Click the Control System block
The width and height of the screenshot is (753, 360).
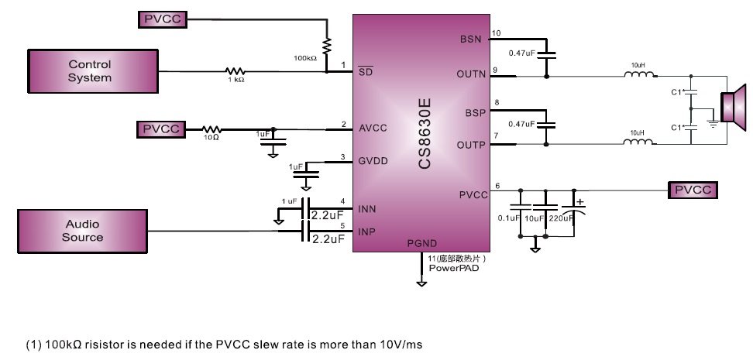(x=90, y=70)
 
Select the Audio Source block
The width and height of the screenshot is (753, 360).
(x=82, y=230)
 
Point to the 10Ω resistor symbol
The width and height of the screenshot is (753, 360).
(x=211, y=129)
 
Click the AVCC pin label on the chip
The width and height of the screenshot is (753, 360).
(x=373, y=128)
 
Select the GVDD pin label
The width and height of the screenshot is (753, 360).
(x=373, y=161)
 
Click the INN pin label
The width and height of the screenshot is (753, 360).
(x=366, y=209)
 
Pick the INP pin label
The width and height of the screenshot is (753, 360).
(x=366, y=230)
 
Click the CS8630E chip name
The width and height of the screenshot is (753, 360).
(x=425, y=133)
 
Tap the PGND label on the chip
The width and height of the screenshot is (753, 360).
(x=422, y=243)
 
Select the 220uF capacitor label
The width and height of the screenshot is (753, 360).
(x=562, y=218)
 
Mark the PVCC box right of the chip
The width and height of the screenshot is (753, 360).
(x=694, y=189)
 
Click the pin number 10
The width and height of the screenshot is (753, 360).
(x=497, y=33)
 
